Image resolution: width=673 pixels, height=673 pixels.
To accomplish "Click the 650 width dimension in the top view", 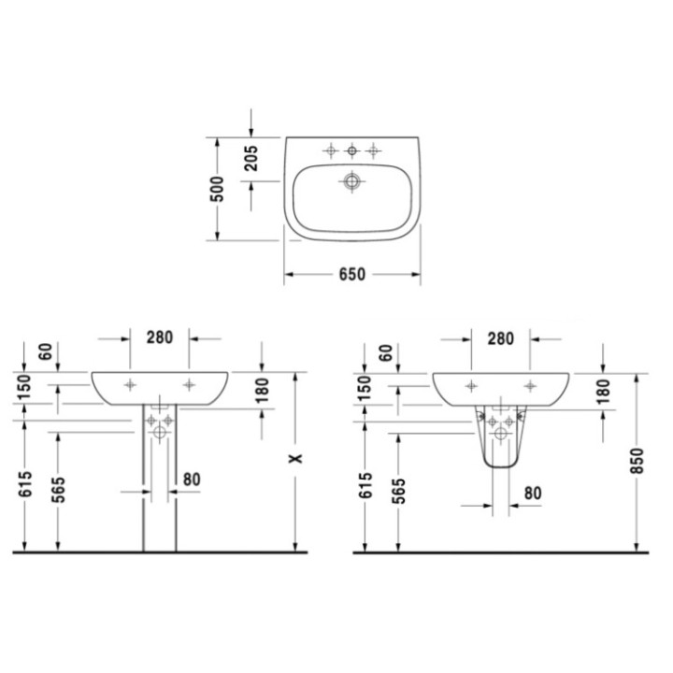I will coord(352,274).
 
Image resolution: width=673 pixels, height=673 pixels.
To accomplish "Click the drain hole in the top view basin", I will coord(353,179).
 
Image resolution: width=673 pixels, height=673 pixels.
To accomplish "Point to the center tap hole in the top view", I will coord(353,150).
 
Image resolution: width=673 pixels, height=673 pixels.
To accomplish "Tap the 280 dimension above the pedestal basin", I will coord(160,338).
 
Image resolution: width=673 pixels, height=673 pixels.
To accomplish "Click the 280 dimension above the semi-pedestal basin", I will coord(500,338).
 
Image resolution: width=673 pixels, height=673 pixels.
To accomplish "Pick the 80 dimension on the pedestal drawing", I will coord(193,480).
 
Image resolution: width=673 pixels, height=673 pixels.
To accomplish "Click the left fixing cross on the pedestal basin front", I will coord(130,383).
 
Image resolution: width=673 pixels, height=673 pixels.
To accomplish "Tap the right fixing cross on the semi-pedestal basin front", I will coord(530,383).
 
